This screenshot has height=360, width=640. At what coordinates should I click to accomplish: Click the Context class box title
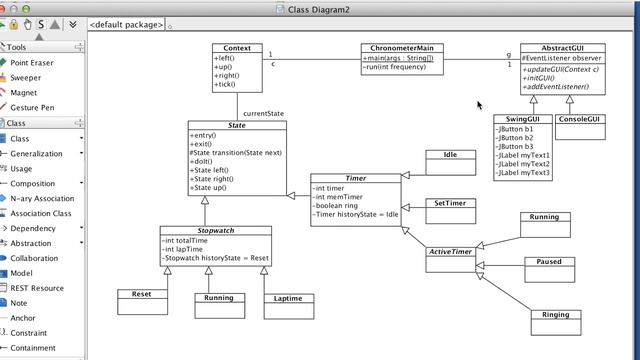tap(237, 48)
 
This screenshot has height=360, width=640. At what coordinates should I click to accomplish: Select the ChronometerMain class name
tap(402, 48)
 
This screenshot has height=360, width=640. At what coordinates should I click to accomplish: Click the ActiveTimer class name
tap(450, 252)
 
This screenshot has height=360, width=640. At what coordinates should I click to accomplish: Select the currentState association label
tap(263, 113)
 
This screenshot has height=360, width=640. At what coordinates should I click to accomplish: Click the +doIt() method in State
tap(204, 161)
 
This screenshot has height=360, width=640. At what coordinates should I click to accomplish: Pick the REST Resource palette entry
tap(37, 288)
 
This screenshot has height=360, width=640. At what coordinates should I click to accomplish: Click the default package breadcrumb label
tap(127, 24)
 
